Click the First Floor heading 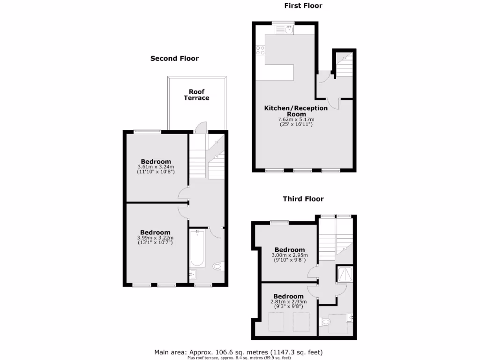click(303, 6)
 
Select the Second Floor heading click(174, 59)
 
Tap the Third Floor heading click(303, 199)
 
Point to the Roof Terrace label click(196, 95)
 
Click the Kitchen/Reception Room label click(296, 111)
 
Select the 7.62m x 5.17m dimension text click(296, 120)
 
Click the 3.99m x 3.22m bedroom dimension click(156, 238)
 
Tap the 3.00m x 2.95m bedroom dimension click(289, 255)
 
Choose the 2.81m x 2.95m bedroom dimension click(289, 301)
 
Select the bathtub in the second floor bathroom click(197, 248)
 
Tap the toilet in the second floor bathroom click(217, 267)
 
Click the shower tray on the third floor click(346, 273)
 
